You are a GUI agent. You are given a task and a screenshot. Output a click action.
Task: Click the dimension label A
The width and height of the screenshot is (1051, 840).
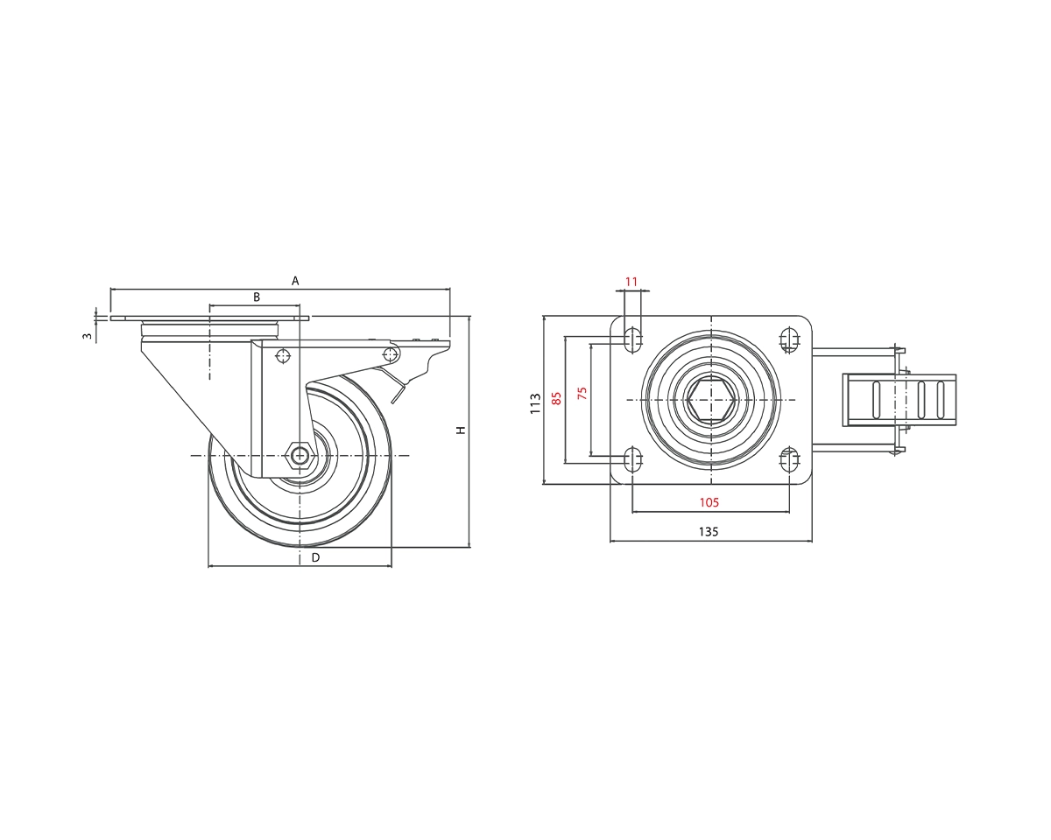point(295,281)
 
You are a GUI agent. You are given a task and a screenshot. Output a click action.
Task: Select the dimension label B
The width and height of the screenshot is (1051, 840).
point(257,297)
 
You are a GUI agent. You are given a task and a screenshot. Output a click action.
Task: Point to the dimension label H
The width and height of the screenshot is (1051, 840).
point(461,429)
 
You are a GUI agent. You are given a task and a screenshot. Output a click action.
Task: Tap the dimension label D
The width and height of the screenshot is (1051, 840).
point(315,557)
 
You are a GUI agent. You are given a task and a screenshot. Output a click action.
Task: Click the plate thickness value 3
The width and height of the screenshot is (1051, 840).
point(87,335)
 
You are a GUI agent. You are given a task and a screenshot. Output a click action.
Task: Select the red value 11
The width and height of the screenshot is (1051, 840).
point(631,282)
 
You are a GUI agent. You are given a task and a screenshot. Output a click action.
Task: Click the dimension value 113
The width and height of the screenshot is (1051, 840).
point(534,402)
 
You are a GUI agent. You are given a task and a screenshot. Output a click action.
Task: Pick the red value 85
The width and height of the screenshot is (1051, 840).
point(556,399)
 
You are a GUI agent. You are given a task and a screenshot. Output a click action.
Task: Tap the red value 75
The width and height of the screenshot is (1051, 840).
point(582,393)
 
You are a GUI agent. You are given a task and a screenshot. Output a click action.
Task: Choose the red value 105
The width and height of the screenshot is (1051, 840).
point(709,502)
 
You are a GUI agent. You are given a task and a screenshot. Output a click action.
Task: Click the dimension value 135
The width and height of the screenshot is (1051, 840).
point(709,531)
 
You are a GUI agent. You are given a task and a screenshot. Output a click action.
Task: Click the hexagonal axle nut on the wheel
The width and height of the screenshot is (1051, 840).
point(300,454)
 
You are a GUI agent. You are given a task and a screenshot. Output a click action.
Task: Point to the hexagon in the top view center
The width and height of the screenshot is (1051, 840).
point(710,400)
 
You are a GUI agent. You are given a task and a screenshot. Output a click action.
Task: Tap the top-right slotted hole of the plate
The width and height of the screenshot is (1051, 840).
point(790,339)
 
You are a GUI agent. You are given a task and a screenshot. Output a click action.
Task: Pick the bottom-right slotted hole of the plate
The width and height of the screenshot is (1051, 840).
point(790,458)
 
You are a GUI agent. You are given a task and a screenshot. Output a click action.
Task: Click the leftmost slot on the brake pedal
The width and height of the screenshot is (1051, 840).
point(876,400)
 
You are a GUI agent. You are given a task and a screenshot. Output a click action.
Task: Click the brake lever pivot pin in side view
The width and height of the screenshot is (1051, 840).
point(391,353)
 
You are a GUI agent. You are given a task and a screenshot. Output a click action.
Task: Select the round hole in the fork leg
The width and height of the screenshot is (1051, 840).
point(282,355)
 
